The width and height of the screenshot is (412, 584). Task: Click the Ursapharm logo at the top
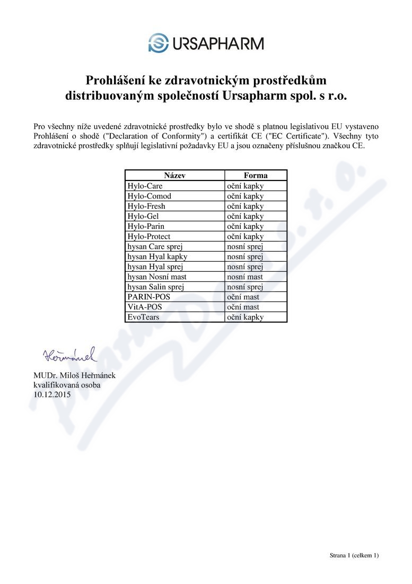pyautogui.click(x=206, y=42)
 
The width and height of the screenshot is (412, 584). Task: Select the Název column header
pyautogui.click(x=174, y=176)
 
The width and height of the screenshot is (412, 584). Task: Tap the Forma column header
pyautogui.click(x=256, y=176)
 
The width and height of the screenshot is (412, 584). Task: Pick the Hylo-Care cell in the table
pyautogui.click(x=145, y=186)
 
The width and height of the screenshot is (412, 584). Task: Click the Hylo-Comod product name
pyautogui.click(x=149, y=196)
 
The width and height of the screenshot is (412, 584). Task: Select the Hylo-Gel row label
pyautogui.click(x=143, y=216)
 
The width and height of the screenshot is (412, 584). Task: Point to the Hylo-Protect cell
pyautogui.click(x=148, y=236)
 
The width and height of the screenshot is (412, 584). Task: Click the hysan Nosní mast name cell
pyautogui.click(x=156, y=277)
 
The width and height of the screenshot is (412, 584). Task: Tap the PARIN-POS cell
pyautogui.click(x=148, y=297)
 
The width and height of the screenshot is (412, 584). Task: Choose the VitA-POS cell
pyautogui.click(x=145, y=307)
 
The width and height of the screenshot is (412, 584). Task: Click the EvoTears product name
pyautogui.click(x=143, y=317)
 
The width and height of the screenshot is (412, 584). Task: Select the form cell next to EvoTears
pyautogui.click(x=245, y=317)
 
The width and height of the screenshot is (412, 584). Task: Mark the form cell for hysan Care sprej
pyautogui.click(x=245, y=246)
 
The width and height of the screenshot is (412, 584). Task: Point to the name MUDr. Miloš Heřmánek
pyautogui.click(x=74, y=376)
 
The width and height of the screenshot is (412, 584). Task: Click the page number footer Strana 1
pyautogui.click(x=354, y=555)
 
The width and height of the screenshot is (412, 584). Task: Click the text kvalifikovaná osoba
pyautogui.click(x=67, y=385)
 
